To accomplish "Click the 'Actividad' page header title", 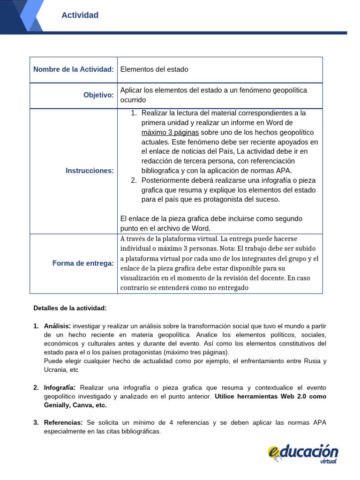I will click(80, 15).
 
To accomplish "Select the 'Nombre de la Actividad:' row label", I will click(74, 69).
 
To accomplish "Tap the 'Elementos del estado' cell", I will click(154, 69).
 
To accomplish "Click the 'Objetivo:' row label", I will click(98, 95).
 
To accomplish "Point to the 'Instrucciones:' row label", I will click(90, 171).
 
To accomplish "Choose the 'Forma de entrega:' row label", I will click(83, 263).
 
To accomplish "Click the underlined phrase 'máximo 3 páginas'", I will click(170, 132).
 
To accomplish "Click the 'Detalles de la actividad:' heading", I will click(70, 308).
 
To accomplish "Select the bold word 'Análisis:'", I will click(57, 326).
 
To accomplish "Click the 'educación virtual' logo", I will click(303, 453).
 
